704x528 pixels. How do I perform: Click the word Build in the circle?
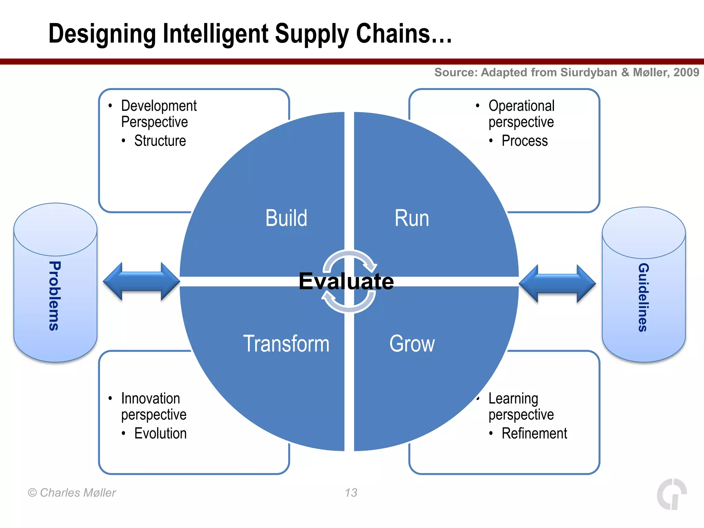286,218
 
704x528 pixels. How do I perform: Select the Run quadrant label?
411,218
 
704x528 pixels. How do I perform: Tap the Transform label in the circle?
286,343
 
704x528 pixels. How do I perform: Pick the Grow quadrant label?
412,343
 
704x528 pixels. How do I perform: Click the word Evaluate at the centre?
346,281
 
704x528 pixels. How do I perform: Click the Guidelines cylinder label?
643,297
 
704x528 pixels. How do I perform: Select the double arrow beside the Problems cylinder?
141,281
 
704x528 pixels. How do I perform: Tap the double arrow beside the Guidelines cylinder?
557,284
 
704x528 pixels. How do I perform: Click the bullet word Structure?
160,141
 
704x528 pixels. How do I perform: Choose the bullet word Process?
524,141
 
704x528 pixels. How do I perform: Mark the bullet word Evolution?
160,433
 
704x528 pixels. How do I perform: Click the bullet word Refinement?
534,433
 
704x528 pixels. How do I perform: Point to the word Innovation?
151,398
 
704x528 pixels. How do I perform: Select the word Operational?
521,106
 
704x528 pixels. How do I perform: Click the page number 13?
351,493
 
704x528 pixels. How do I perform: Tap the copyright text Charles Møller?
78,493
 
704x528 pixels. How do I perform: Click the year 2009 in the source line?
686,72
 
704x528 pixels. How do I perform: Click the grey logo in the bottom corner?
672,494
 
